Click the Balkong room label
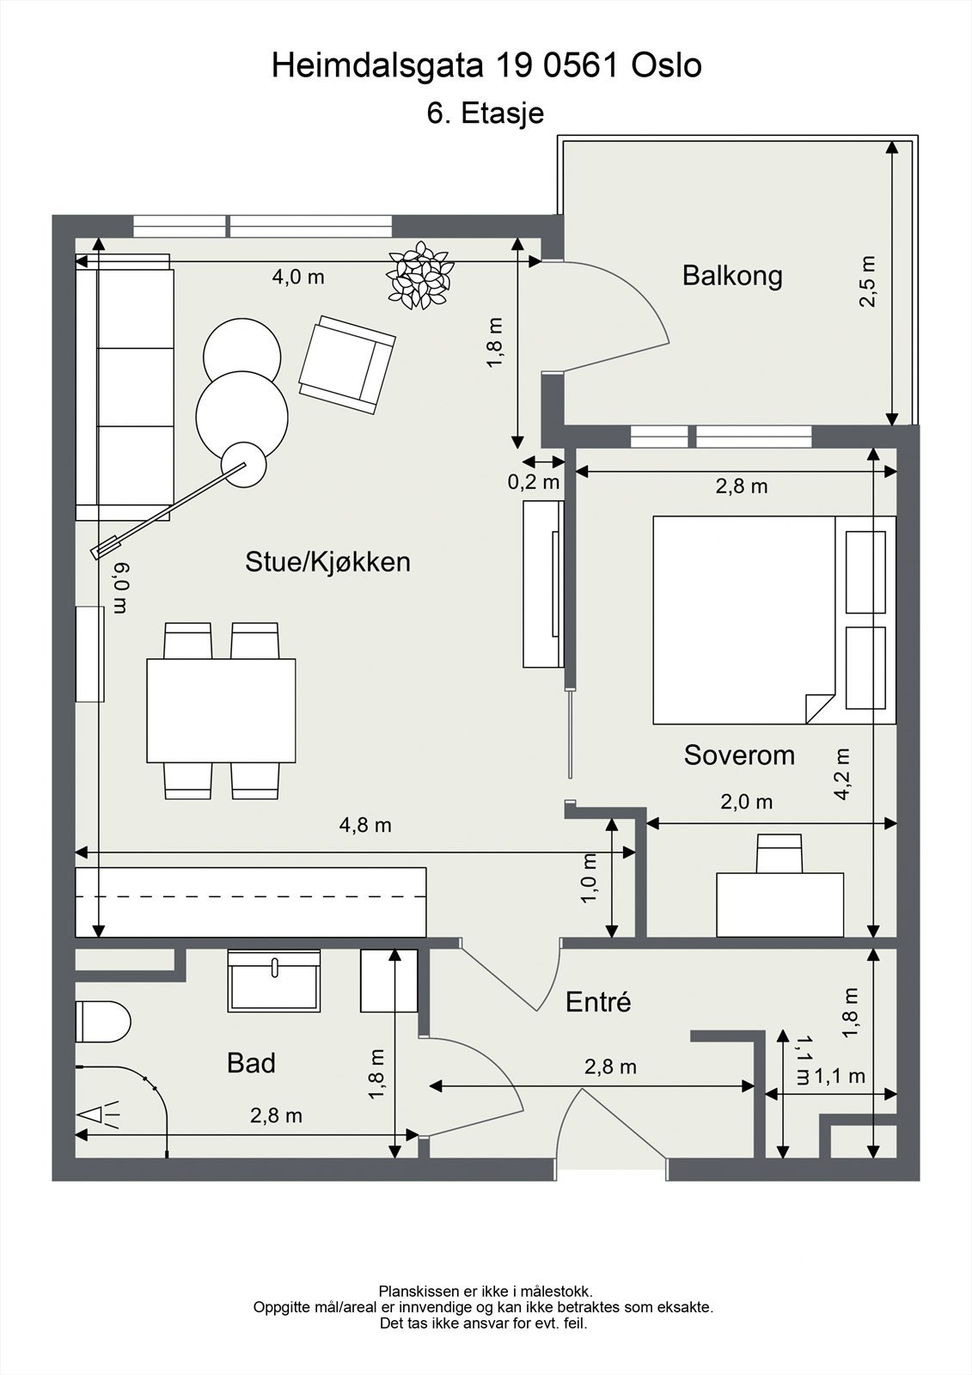point(732,276)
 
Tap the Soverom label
point(739,755)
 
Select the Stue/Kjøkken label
point(328,562)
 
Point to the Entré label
point(598,1002)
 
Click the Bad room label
point(251,1062)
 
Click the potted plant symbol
point(420,274)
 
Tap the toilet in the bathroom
point(103,1022)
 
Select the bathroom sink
point(274,981)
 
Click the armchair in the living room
point(347,364)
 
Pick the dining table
point(221,711)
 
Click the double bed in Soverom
point(774,620)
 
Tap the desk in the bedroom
point(779,904)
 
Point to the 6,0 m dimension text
point(120,588)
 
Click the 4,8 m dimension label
point(365,825)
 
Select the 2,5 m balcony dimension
point(867,281)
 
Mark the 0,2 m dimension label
point(534,482)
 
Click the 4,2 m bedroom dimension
point(841,773)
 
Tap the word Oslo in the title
point(667,65)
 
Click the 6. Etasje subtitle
point(486,113)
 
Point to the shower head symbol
point(98,1114)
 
